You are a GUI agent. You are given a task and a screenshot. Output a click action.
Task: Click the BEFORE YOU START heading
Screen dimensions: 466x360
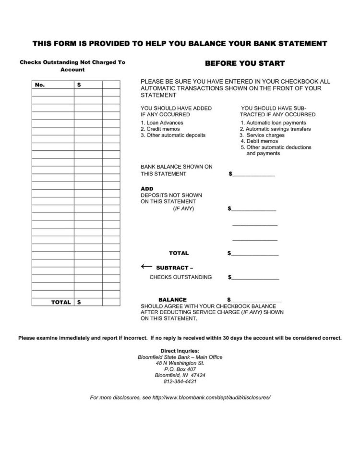pyautogui.click(x=245, y=63)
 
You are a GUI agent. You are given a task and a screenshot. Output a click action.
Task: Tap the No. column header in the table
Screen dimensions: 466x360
pyautogui.click(x=40, y=85)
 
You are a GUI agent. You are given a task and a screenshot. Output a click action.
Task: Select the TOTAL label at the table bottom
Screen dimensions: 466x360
pyautogui.click(x=61, y=302)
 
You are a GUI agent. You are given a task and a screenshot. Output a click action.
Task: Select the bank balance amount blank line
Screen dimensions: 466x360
pyautogui.click(x=252, y=174)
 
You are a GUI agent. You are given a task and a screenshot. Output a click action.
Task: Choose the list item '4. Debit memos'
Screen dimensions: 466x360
pyautogui.click(x=259, y=141)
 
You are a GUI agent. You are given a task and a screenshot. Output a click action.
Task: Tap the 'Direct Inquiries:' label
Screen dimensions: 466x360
pyautogui.click(x=180, y=351)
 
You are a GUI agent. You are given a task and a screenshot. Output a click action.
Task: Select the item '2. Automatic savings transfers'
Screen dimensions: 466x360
pyautogui.click(x=276, y=129)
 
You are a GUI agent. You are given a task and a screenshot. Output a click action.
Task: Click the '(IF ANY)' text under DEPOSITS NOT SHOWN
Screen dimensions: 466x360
pyautogui.click(x=184, y=209)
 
